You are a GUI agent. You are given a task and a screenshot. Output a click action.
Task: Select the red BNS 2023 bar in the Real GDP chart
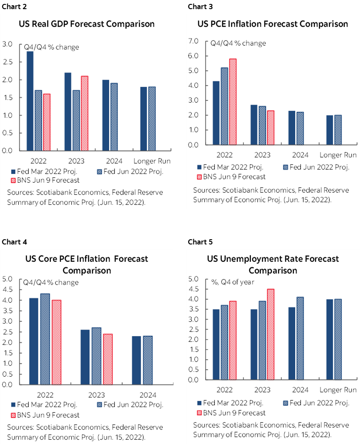84,114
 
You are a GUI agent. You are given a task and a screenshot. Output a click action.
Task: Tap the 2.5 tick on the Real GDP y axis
7,62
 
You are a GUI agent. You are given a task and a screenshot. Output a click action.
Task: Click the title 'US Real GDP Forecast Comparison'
87,24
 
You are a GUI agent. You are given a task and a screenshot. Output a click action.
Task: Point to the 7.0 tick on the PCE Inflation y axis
193,41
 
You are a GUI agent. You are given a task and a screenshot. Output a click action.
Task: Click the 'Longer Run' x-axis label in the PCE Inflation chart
338,155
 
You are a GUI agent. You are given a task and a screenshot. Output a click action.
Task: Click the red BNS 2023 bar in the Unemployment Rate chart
270,334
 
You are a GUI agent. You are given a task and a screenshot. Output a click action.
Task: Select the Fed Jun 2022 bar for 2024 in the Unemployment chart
300,338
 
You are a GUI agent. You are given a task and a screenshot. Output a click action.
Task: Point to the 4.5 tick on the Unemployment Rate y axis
193,289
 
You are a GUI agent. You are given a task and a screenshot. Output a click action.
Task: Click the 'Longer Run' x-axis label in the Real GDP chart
152,161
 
